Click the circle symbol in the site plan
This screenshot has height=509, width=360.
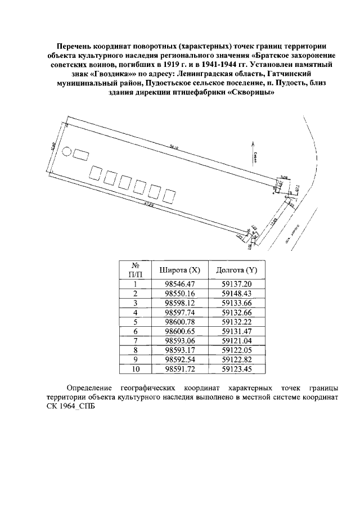coord(67,151)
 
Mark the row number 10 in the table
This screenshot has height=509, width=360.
coord(136,369)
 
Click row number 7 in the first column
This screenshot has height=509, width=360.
coord(136,341)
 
